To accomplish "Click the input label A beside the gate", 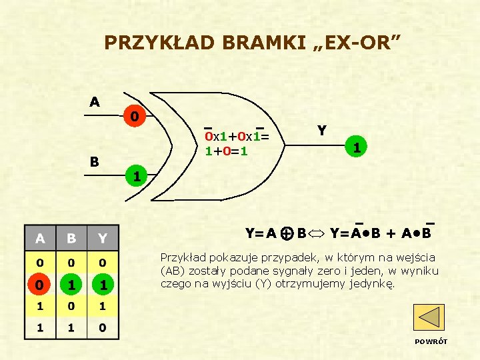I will (x=95, y=102).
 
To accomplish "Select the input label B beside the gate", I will (x=95, y=162).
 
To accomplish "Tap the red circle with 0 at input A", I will (x=135, y=117).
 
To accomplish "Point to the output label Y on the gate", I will (x=322, y=131).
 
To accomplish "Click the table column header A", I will (x=41, y=238).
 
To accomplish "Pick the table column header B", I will (x=72, y=238).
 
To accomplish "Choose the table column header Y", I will (x=103, y=238).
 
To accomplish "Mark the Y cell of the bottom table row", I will (x=103, y=327).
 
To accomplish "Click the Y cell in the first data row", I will (x=103, y=261).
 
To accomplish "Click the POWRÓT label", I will (x=431, y=341).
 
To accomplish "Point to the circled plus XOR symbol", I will (x=286, y=233).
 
